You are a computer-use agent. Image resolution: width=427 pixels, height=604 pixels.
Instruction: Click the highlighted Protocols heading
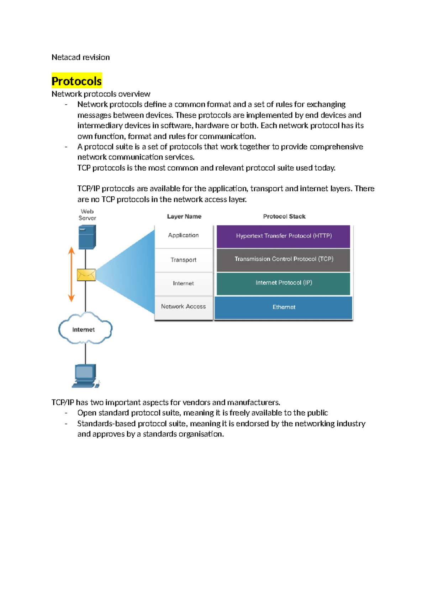tap(77, 81)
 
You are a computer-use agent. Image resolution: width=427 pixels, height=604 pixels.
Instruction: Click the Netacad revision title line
tap(80, 57)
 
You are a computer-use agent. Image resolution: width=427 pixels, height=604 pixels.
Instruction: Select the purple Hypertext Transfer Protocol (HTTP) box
tap(283, 236)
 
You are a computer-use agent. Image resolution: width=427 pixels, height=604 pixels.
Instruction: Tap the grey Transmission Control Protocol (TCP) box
tap(283, 260)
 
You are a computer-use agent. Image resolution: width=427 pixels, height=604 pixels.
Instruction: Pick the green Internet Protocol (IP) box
tap(283, 283)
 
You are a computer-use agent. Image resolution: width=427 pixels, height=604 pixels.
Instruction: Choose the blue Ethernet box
tap(283, 307)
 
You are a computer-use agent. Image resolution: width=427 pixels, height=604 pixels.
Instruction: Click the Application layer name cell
tap(183, 235)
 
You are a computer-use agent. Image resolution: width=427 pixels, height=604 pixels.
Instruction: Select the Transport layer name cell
tap(183, 260)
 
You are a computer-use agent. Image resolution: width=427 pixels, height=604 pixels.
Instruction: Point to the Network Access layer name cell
tap(183, 307)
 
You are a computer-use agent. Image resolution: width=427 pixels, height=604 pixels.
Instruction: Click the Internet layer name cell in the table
tap(183, 283)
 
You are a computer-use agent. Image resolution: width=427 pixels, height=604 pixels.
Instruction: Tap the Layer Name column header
tap(184, 217)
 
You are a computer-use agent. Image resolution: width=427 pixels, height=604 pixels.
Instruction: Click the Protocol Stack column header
tap(284, 217)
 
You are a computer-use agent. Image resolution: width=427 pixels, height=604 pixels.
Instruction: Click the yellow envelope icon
tap(86, 275)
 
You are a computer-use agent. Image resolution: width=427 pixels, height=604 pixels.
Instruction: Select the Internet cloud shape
tap(85, 329)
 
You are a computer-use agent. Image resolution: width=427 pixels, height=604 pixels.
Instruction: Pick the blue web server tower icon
tap(87, 237)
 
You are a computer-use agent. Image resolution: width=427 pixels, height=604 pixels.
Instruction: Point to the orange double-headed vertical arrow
tap(72, 274)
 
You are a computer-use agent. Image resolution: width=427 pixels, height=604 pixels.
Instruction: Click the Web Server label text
tap(87, 215)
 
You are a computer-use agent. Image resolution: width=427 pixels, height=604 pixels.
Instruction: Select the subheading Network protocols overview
tap(101, 94)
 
